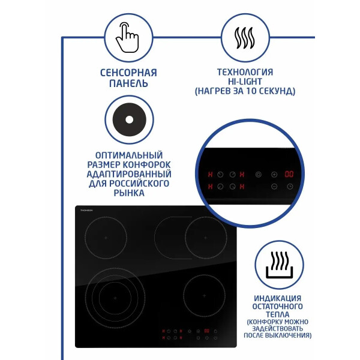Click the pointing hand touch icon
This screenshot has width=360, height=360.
coord(127,37)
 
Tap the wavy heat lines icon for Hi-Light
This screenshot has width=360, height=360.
coord(245,38)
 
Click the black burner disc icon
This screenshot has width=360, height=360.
coord(129,119)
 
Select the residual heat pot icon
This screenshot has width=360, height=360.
coord(279,265)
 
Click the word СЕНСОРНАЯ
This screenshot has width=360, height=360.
coord(128,73)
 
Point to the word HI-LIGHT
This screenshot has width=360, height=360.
coord(245,82)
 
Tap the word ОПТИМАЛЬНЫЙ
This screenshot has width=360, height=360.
coord(129,155)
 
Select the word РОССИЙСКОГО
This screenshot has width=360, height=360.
coord(139,184)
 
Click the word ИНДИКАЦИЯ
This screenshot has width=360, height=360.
coord(278,298)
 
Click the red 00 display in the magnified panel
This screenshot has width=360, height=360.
coord(289,174)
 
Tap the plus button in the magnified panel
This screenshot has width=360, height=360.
coord(274,175)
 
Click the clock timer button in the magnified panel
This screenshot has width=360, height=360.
coord(290,187)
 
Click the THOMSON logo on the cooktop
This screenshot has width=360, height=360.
coord(86,211)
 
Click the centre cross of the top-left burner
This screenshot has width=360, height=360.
coord(106,238)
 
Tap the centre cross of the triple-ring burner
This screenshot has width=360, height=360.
coord(115,298)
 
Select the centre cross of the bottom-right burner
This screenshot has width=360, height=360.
coord(205,296)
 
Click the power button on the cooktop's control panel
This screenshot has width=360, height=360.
coord(215,338)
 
